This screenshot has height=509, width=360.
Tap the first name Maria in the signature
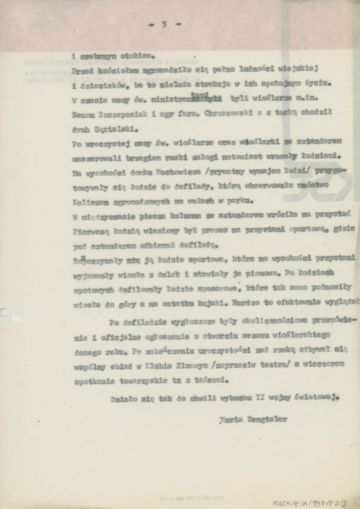(231, 419)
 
